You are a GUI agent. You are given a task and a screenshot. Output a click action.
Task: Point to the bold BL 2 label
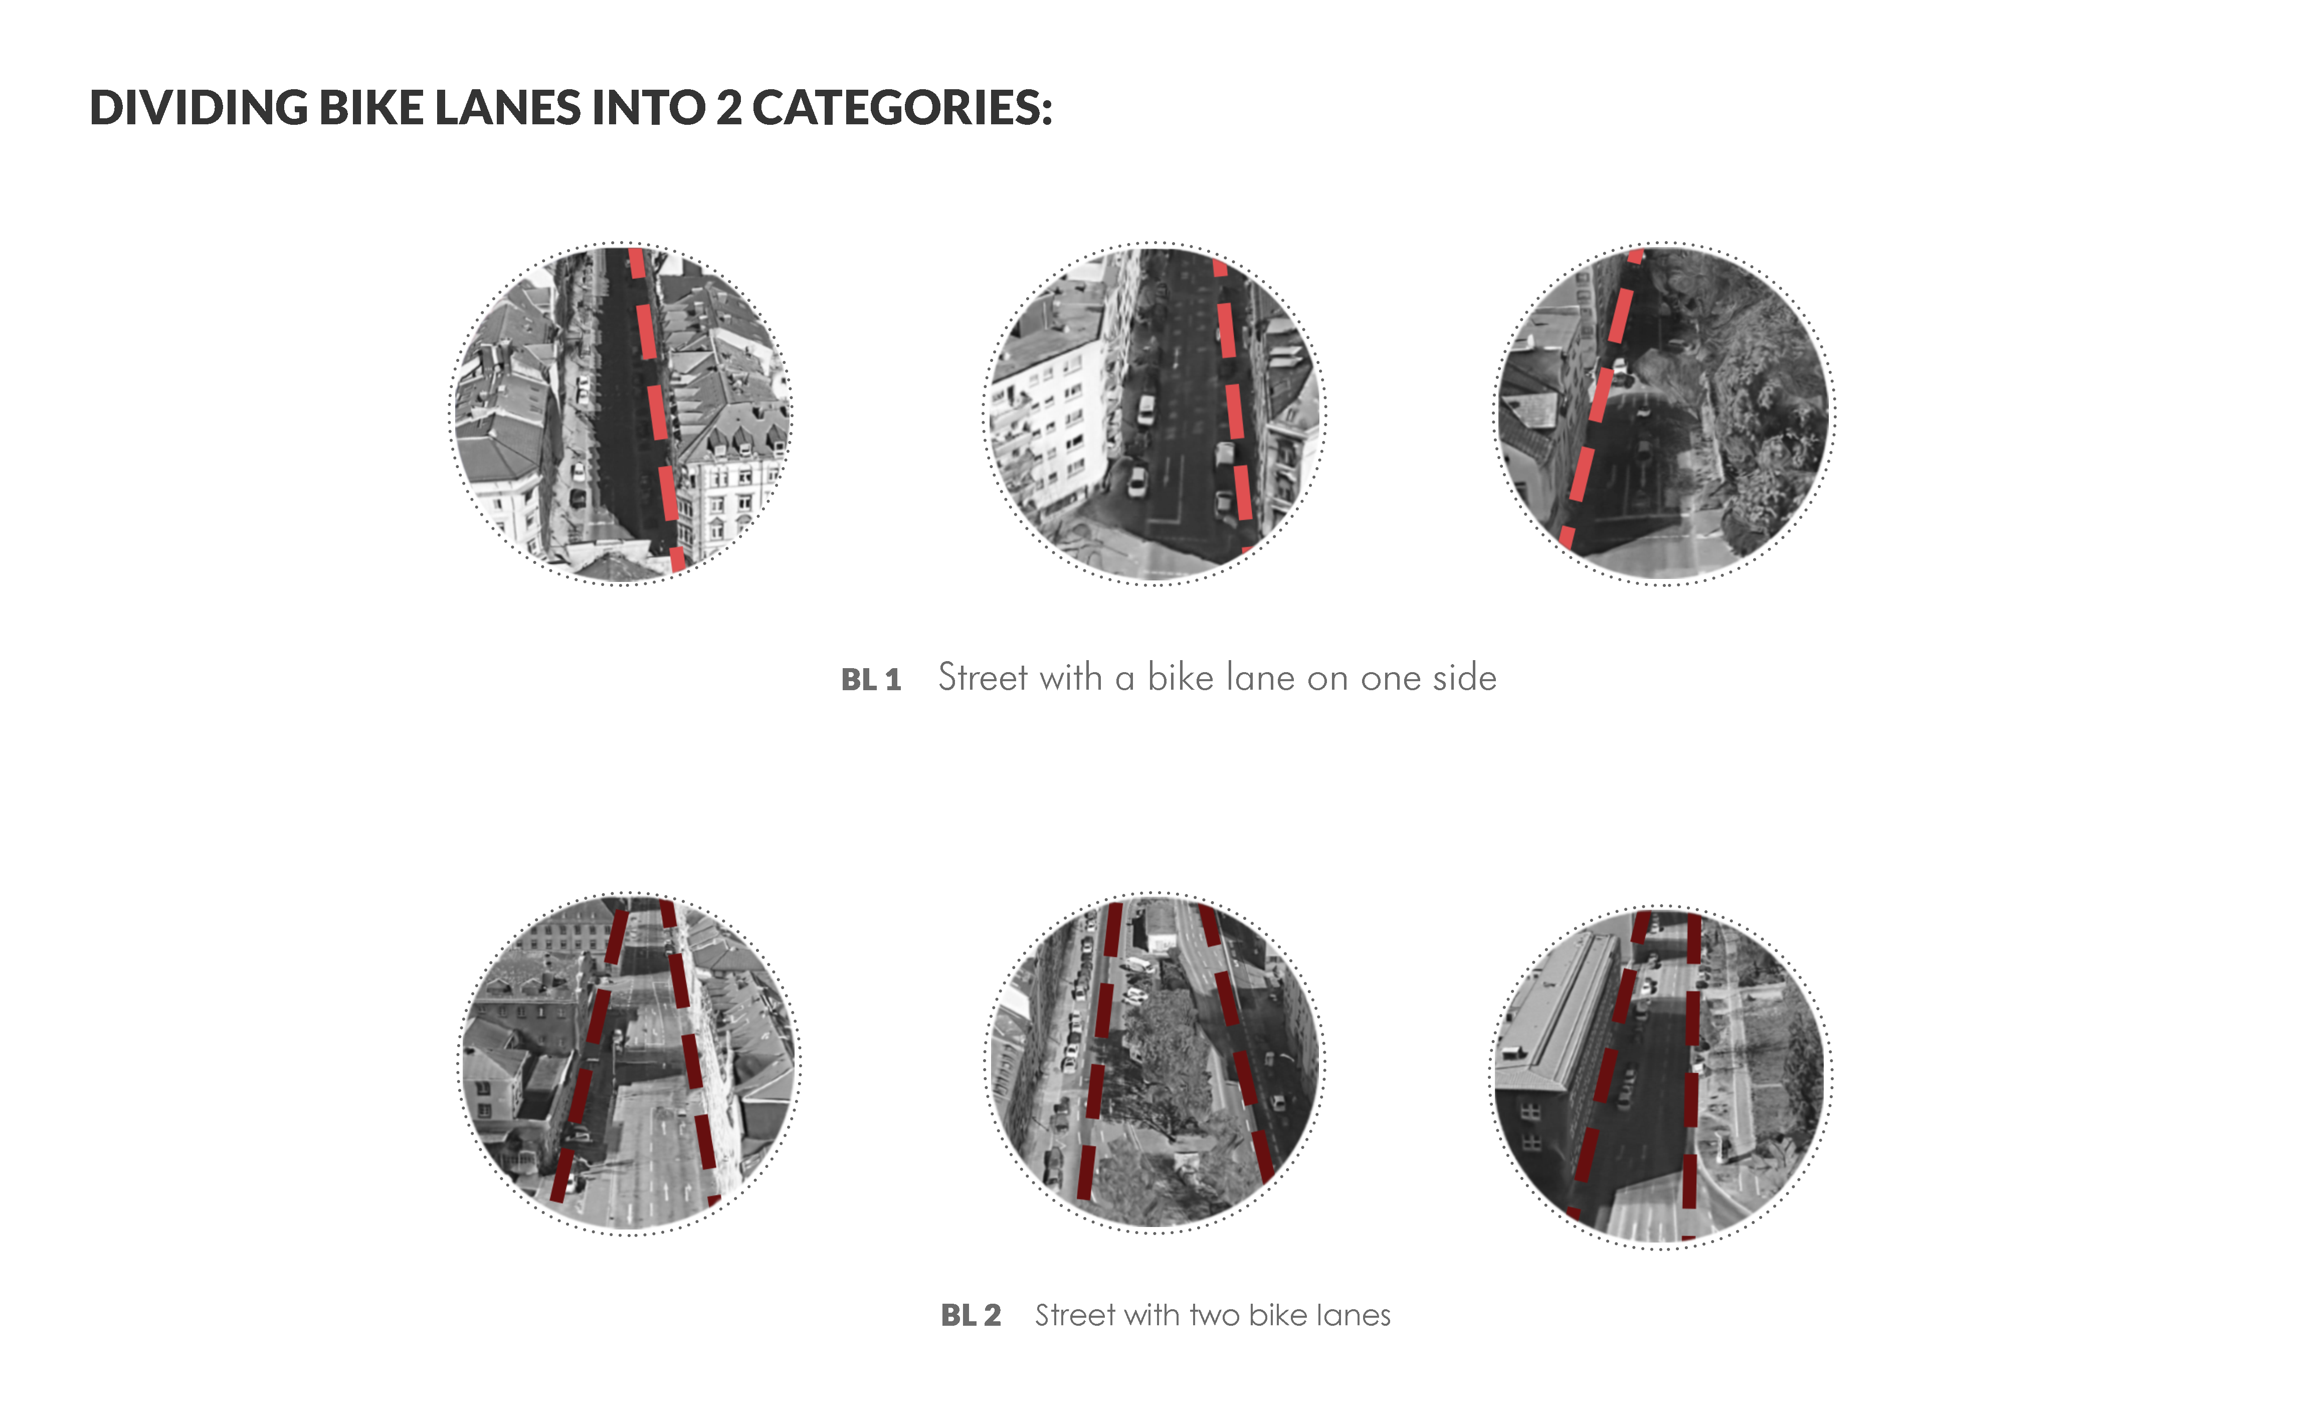pos(971,1315)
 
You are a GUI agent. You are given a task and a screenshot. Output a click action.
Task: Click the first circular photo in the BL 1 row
pos(621,414)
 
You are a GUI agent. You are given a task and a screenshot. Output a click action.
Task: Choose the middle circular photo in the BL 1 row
pos(1154,414)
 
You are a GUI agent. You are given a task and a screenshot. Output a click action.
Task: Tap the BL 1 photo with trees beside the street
pos(1664,414)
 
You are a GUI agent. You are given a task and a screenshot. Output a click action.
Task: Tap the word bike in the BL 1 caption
pos(1181,678)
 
